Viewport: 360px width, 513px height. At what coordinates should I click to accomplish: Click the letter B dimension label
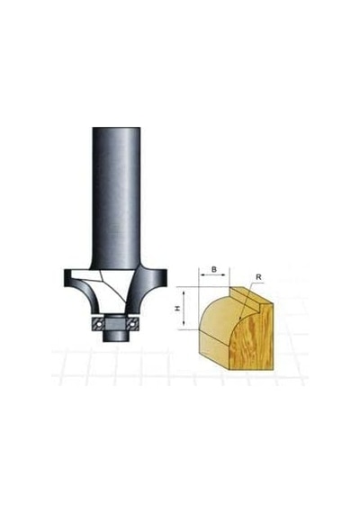coord(213,269)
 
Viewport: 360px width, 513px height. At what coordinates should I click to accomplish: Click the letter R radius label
coord(258,277)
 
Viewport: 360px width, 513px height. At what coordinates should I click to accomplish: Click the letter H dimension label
coord(177,308)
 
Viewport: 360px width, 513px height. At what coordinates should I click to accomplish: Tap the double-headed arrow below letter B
coord(214,275)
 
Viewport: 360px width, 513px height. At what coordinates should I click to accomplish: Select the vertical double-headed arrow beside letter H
coord(184,308)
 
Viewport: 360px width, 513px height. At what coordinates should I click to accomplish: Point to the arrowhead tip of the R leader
coord(239,319)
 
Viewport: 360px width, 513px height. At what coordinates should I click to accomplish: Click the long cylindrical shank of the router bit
coord(116,197)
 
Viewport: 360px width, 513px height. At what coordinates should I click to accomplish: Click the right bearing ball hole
coord(132,323)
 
